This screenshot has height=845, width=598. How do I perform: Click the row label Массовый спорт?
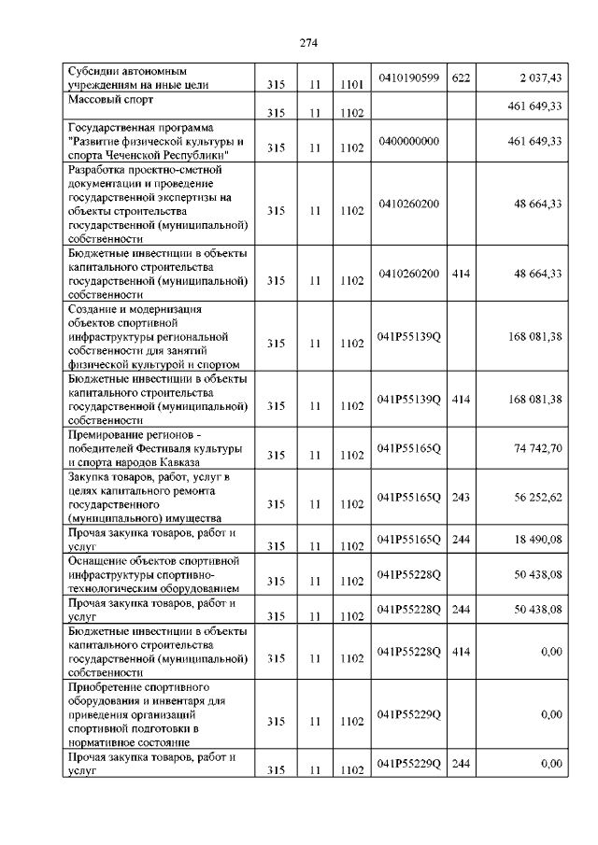click(x=111, y=98)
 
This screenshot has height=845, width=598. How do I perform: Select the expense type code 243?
click(x=460, y=497)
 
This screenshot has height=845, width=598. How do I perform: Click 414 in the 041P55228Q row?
click(x=460, y=651)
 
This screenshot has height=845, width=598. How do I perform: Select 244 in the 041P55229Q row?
click(x=460, y=763)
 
